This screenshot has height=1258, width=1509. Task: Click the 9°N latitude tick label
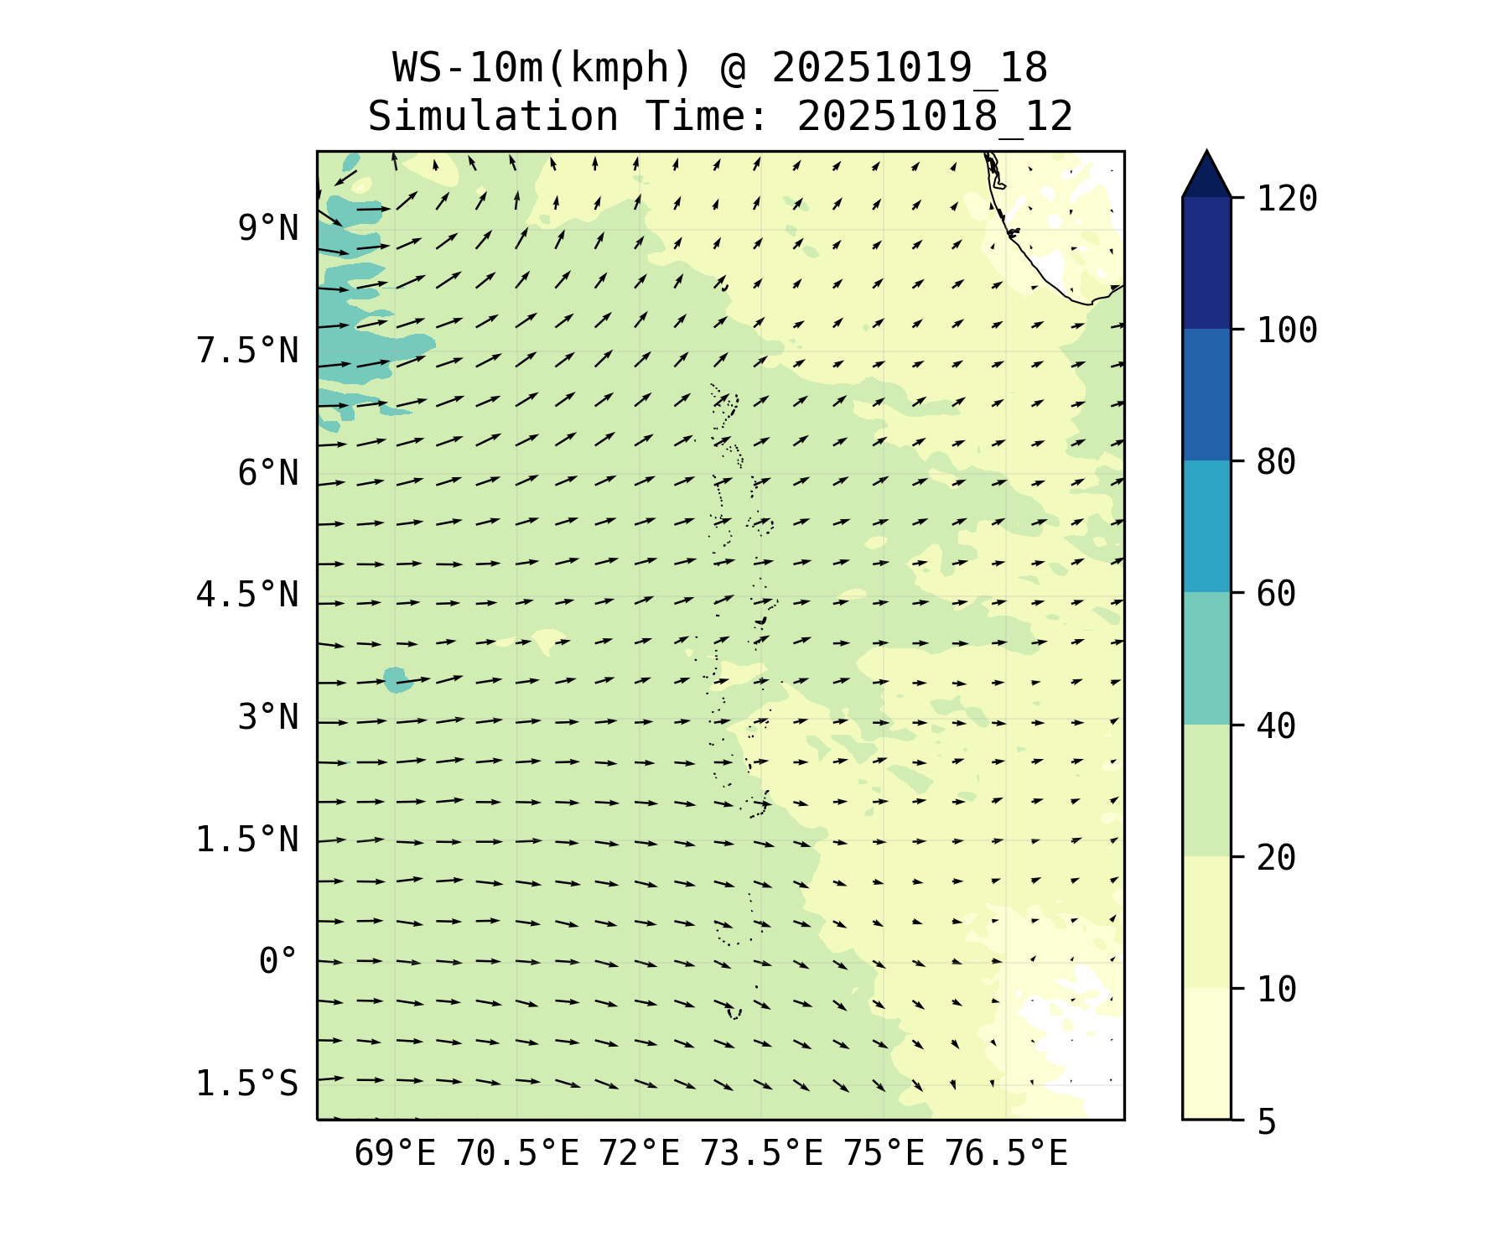267,228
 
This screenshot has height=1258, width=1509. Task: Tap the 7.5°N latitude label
247,351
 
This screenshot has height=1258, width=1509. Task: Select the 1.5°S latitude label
247,1084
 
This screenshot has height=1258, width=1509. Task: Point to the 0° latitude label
277,961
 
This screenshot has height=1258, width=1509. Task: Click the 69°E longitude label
395,1154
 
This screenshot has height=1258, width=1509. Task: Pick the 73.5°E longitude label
761,1154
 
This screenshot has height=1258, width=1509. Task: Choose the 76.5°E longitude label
1006,1154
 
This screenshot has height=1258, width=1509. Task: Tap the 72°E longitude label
639,1154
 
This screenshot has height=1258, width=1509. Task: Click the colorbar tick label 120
1287,199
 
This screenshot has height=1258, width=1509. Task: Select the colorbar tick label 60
1276,594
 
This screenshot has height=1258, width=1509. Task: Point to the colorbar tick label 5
1266,1121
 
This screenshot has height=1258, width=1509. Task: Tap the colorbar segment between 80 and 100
1206,394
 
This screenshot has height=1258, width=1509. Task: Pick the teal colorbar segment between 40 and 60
1206,658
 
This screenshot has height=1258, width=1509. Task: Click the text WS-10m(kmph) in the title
542,68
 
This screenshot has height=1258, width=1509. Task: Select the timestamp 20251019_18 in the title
910,68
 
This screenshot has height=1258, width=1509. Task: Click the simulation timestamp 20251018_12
935,117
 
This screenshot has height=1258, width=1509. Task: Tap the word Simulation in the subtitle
493,117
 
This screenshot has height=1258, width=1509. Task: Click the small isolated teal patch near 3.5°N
397,680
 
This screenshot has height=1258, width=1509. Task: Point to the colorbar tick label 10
1276,990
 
